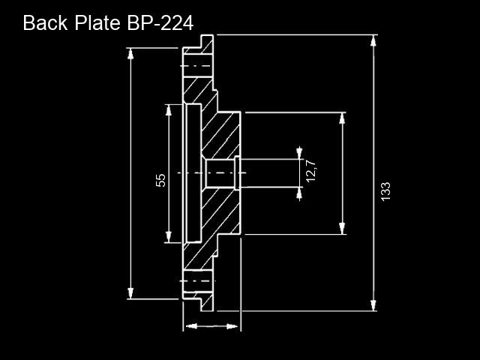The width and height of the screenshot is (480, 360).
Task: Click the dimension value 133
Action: [385, 192]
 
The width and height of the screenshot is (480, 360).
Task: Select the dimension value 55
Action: [160, 180]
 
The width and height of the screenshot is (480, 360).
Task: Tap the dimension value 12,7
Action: [311, 171]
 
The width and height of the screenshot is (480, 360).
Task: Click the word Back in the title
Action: [45, 22]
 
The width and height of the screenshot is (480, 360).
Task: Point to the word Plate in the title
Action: [97, 22]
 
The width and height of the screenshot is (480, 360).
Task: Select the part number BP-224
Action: [160, 23]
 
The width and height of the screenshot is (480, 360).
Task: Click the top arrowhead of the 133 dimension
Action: [373, 40]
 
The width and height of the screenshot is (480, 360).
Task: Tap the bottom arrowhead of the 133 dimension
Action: [373, 305]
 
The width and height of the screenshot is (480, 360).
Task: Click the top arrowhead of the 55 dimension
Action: [168, 110]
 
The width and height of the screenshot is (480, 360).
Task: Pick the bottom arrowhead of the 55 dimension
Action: [168, 237]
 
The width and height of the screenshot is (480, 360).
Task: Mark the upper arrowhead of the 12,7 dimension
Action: [299, 154]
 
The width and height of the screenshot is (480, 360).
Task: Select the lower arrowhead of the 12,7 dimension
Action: [299, 193]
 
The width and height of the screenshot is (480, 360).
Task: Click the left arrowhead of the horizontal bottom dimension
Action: [191, 326]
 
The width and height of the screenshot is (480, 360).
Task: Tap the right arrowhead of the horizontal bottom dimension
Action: [232, 326]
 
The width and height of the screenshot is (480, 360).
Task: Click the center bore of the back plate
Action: [220, 173]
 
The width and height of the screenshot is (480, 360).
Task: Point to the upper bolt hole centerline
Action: [196, 66]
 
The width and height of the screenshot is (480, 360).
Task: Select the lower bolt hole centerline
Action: [197, 281]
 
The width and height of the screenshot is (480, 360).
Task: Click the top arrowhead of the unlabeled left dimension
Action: [130, 54]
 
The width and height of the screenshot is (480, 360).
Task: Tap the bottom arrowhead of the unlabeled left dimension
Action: [130, 293]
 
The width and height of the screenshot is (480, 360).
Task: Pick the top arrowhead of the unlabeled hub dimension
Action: [342, 118]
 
